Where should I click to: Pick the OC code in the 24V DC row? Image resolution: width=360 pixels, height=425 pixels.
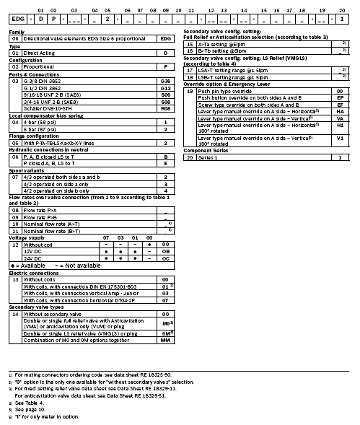click(166, 258)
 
